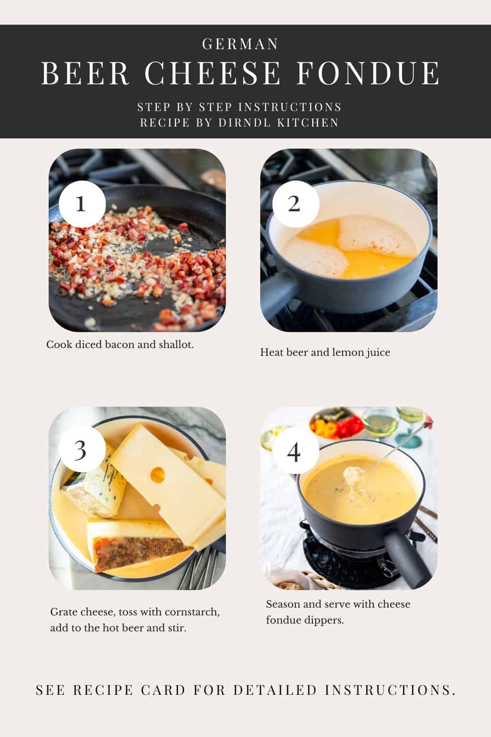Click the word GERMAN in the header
click(240, 44)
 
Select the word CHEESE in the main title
click(212, 73)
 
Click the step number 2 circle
click(294, 204)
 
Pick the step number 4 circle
click(294, 452)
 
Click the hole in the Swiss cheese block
click(157, 475)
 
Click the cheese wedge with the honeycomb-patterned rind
click(139, 547)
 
